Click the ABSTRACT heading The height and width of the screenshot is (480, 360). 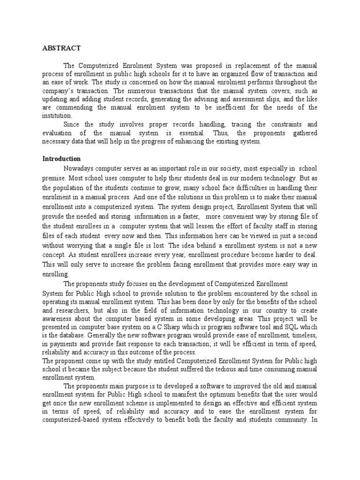tap(62, 48)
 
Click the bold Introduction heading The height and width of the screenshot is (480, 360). tap(62, 158)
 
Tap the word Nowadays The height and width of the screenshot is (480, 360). tap(78, 168)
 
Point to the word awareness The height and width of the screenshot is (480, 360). tap(59, 319)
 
